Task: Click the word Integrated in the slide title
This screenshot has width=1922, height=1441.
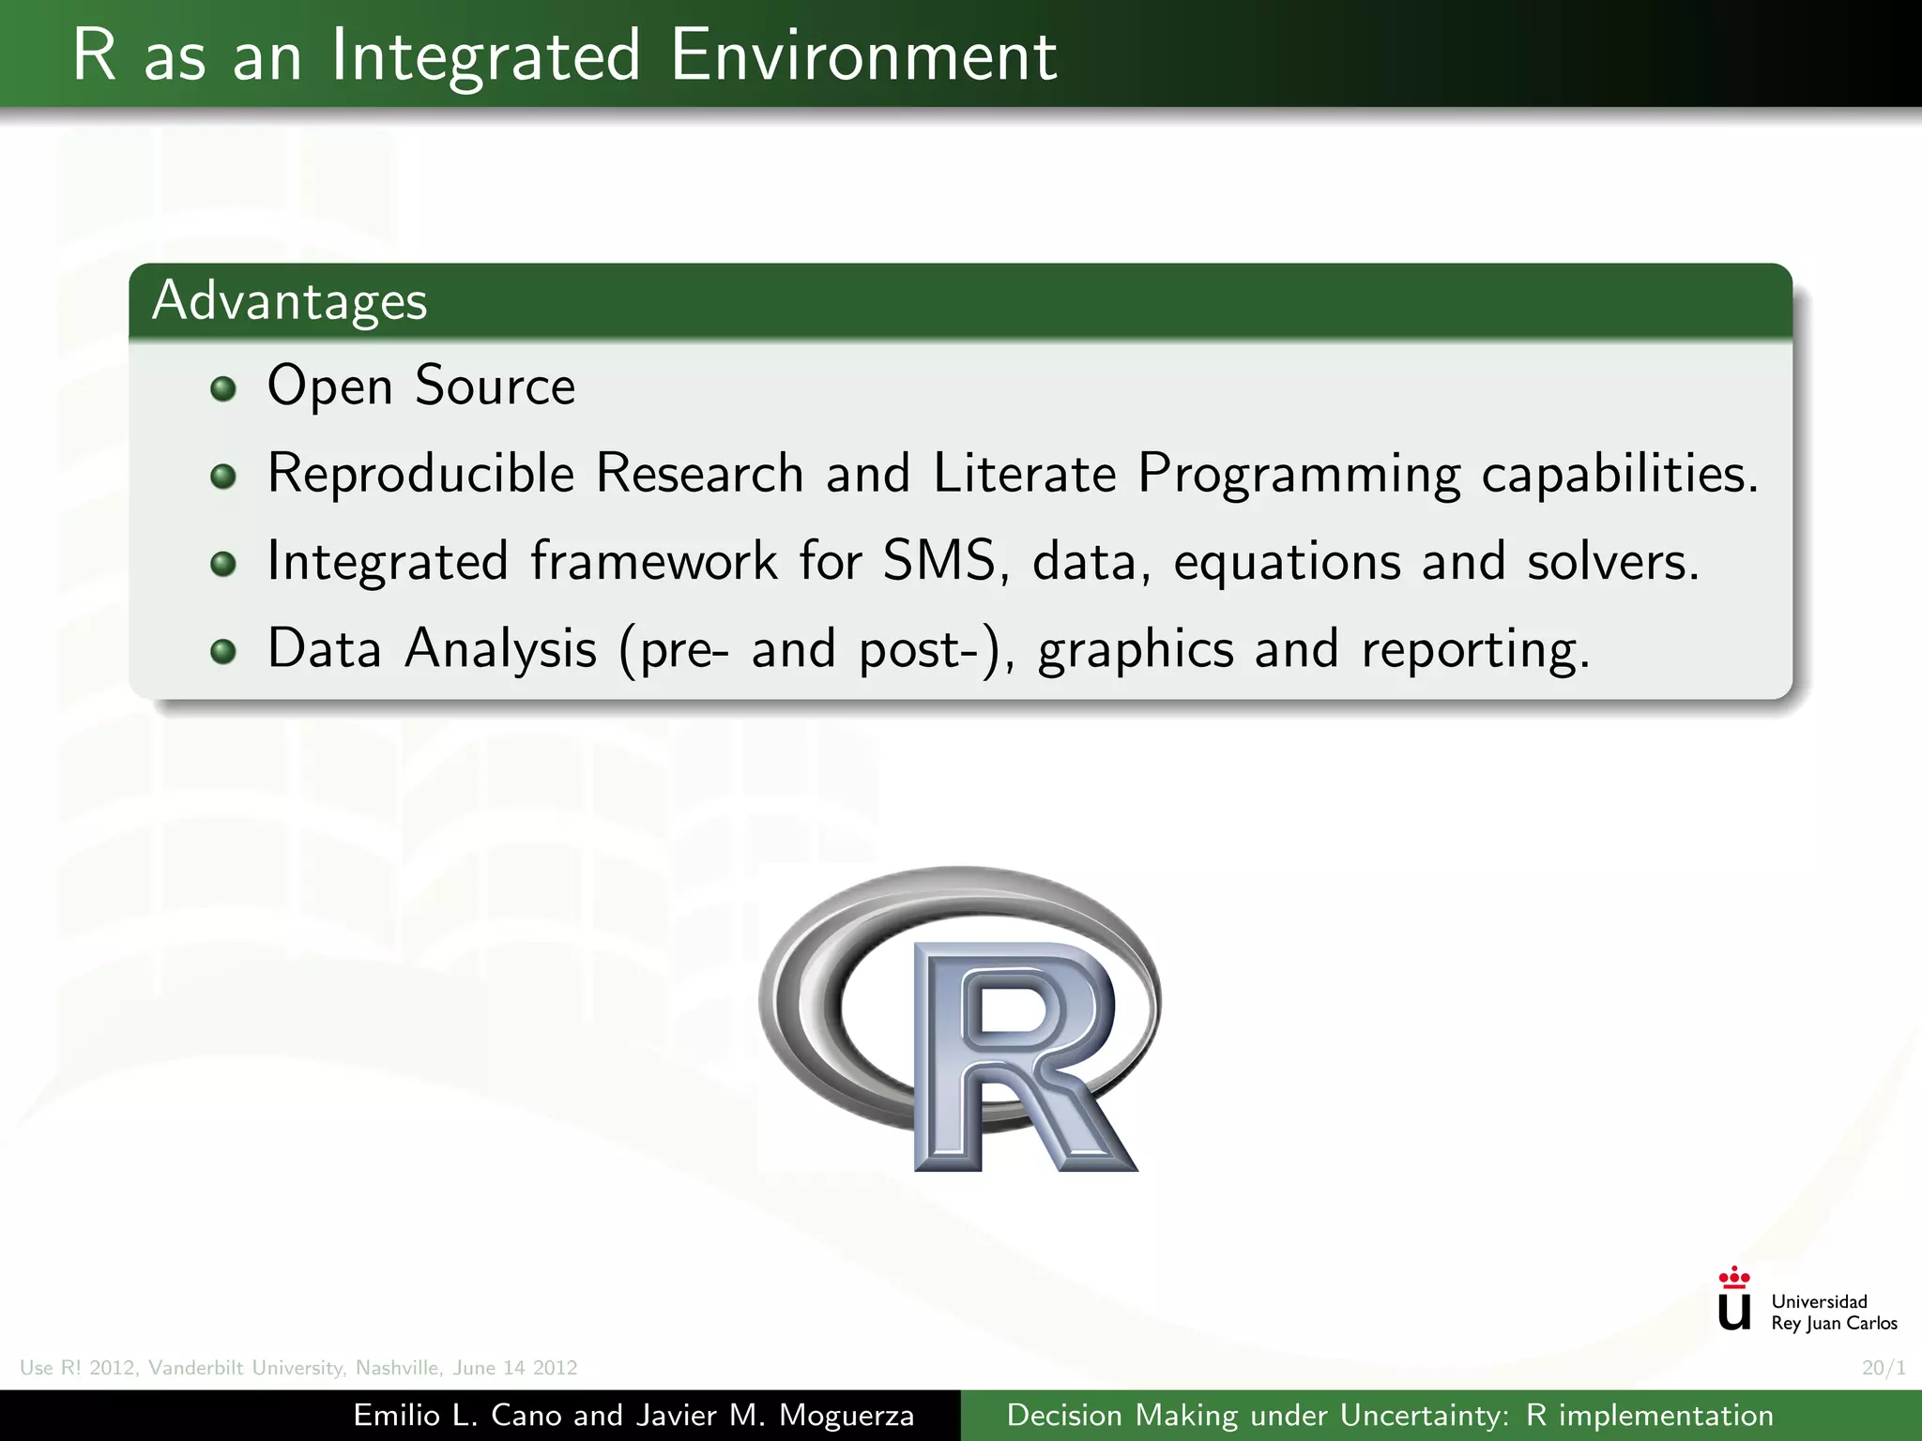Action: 485,56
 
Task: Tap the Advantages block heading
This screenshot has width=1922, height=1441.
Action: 290,301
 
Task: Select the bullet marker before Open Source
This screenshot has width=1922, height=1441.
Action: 223,388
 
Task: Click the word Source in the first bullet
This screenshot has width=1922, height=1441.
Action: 495,386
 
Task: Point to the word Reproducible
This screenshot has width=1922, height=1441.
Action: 420,473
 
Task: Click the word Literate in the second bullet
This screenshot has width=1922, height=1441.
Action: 1024,473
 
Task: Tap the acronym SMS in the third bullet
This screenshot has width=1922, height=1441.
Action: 943,561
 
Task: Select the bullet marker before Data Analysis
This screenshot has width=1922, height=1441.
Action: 223,651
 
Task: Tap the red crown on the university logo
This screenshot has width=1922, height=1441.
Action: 1733,1276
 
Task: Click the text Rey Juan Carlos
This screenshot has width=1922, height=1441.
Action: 1834,1324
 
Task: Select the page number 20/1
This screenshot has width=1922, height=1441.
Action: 1884,1368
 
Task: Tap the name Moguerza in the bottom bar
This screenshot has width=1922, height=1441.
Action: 847,1415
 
